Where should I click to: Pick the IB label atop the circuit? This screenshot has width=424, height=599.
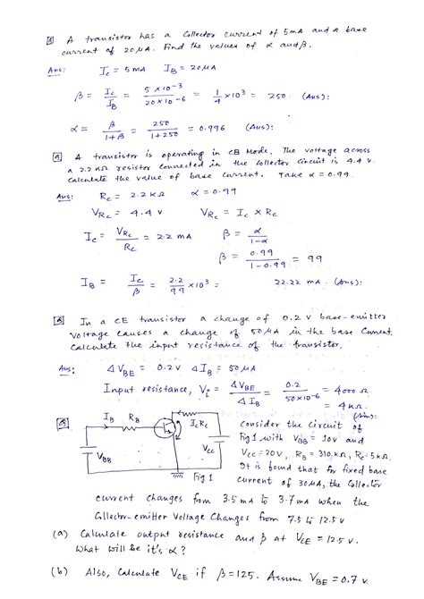pyautogui.click(x=107, y=417)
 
